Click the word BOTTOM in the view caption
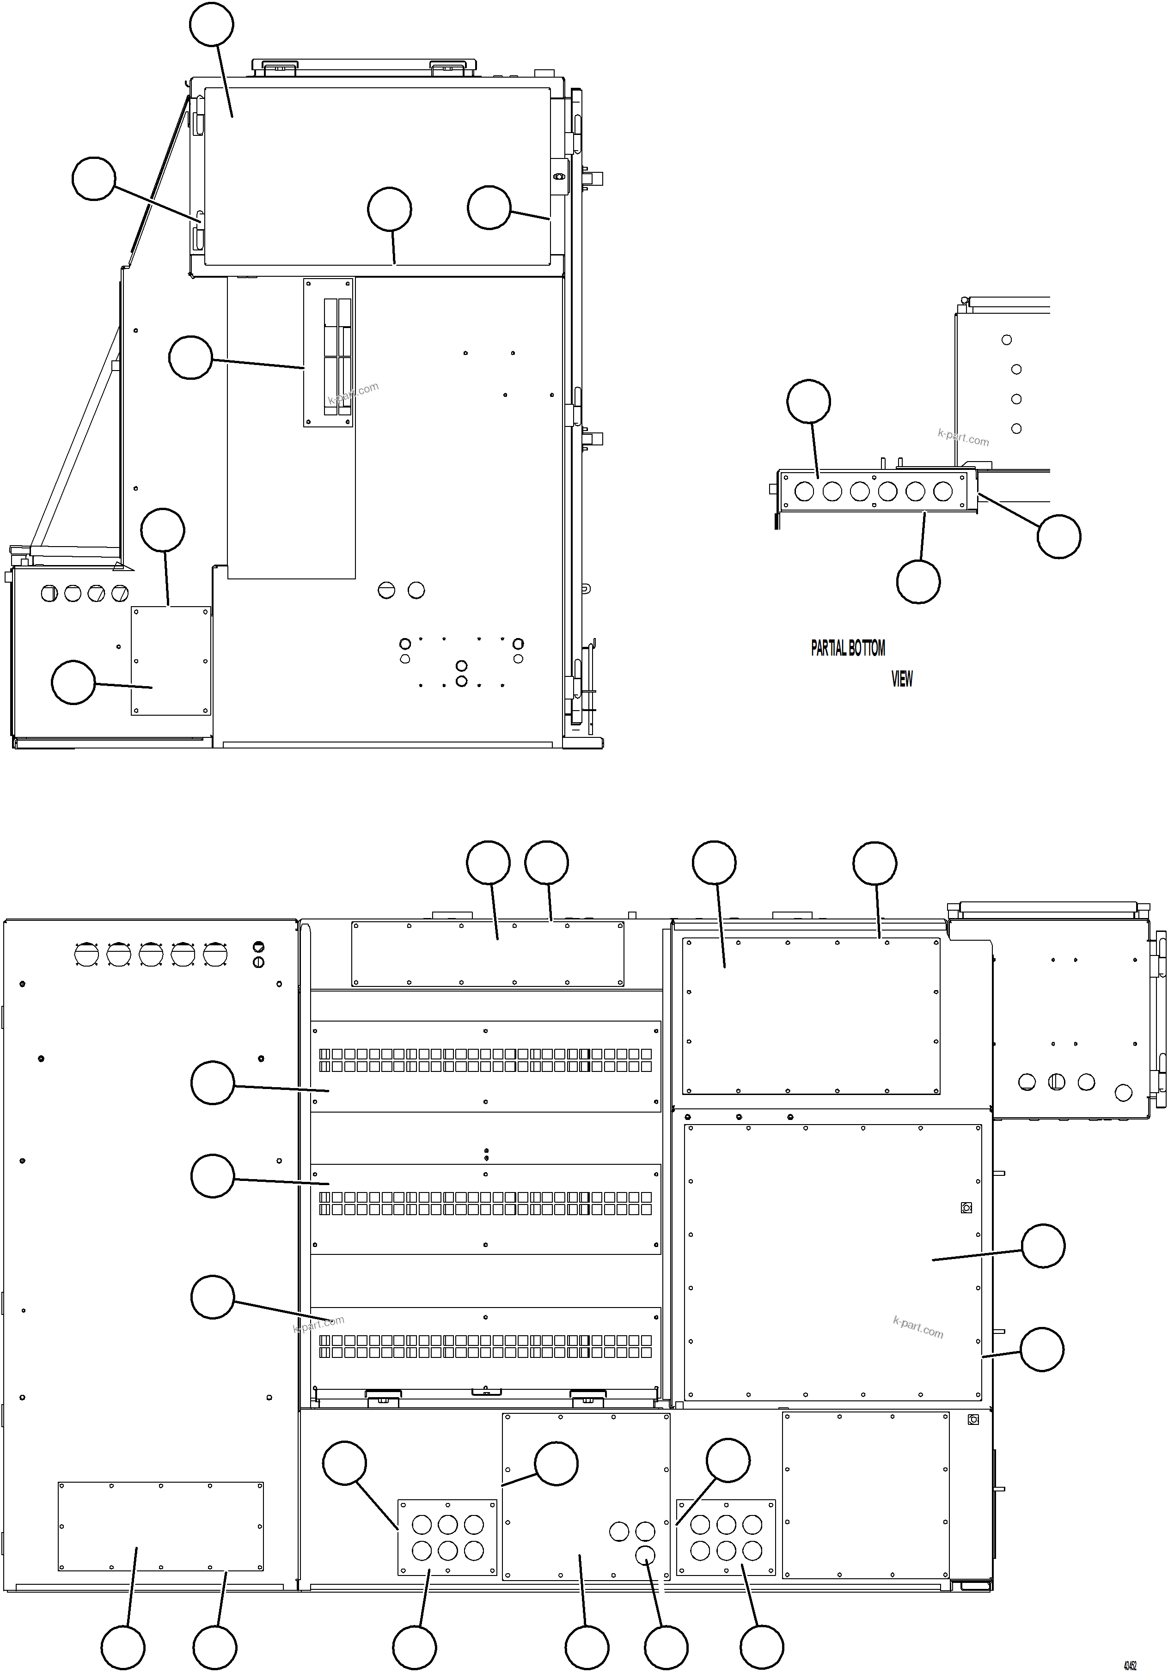tap(867, 648)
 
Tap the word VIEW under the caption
tap(901, 679)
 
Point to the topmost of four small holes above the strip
tap(1007, 340)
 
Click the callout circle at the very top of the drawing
tap(211, 25)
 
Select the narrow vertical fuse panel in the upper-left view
tap(329, 352)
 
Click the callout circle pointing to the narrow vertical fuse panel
tap(190, 358)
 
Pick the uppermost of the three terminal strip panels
tap(486, 1066)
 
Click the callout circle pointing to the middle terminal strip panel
tap(212, 1175)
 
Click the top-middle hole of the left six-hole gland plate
tap(448, 1524)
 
